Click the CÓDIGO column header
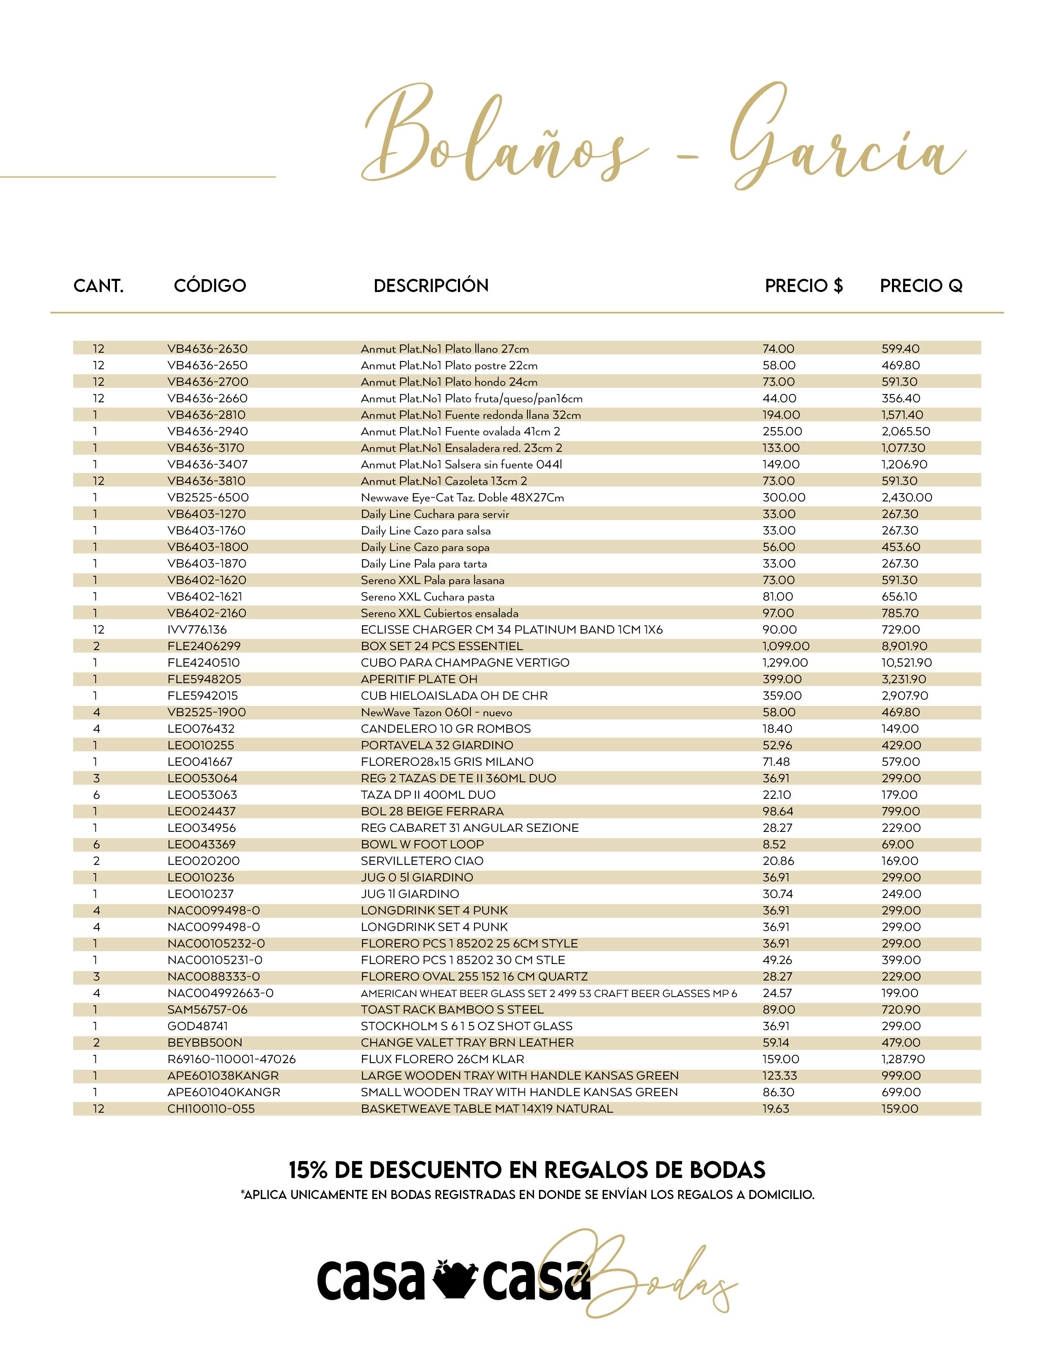pyautogui.click(x=210, y=286)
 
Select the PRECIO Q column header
pyautogui.click(x=920, y=286)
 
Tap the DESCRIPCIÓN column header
pyautogui.click(x=431, y=286)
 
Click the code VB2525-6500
pyautogui.click(x=208, y=497)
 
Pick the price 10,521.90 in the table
pyautogui.click(x=906, y=663)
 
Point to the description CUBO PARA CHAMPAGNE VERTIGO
pyautogui.click(x=465, y=663)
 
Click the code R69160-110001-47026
pyautogui.click(x=231, y=1059)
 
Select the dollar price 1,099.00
pyautogui.click(x=785, y=646)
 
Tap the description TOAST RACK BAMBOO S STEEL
pyautogui.click(x=452, y=1010)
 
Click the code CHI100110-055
pyautogui.click(x=211, y=1109)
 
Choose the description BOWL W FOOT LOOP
pyautogui.click(x=422, y=844)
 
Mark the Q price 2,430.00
pyautogui.click(x=906, y=497)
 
